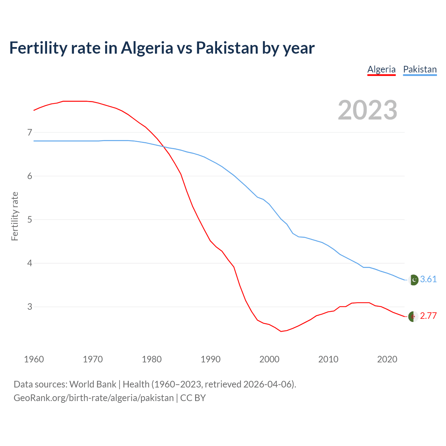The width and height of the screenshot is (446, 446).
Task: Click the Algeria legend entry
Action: [382, 69]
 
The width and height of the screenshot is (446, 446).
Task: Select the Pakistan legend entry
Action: [420, 69]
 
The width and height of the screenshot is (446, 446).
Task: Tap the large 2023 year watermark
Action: [368, 110]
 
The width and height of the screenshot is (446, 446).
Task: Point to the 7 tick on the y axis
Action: [30, 132]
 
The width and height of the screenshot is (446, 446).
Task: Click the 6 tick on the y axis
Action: [30, 176]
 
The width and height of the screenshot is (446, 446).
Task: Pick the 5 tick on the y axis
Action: [30, 220]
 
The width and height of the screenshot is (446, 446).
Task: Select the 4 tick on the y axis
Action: [30, 263]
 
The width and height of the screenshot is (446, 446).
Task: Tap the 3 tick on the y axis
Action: [30, 307]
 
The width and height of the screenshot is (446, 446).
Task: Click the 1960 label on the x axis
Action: [34, 359]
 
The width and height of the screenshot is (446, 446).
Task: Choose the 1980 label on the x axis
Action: [152, 359]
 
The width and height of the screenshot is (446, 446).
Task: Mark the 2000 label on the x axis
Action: [269, 359]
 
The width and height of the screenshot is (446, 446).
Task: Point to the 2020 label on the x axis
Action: [387, 359]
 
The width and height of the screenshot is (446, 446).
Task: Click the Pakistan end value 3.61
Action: [428, 279]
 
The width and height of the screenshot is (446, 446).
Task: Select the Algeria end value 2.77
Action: [428, 316]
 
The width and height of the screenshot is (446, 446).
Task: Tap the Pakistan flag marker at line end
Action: [413, 280]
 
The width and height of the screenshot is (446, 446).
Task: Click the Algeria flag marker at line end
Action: [413, 316]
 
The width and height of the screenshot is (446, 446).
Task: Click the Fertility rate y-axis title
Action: [15, 216]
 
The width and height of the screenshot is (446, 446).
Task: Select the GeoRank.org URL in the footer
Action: [93, 398]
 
